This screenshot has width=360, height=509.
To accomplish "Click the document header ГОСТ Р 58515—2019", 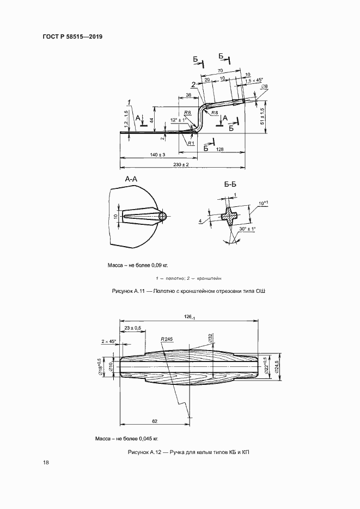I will tap(72, 36).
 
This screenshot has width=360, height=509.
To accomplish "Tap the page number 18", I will tap(46, 463).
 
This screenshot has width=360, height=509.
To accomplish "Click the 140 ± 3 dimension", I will tap(157, 155).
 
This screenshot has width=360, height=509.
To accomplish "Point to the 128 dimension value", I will tap(219, 149).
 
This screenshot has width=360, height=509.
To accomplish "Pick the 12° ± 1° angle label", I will tap(179, 120).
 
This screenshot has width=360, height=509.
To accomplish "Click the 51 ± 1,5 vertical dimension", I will tap(262, 116).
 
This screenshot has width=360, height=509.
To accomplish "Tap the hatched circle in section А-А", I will tap(162, 217).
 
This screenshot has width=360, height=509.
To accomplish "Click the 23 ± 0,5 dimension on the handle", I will tap(132, 328).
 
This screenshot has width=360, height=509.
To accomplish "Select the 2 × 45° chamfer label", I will tap(108, 341).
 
